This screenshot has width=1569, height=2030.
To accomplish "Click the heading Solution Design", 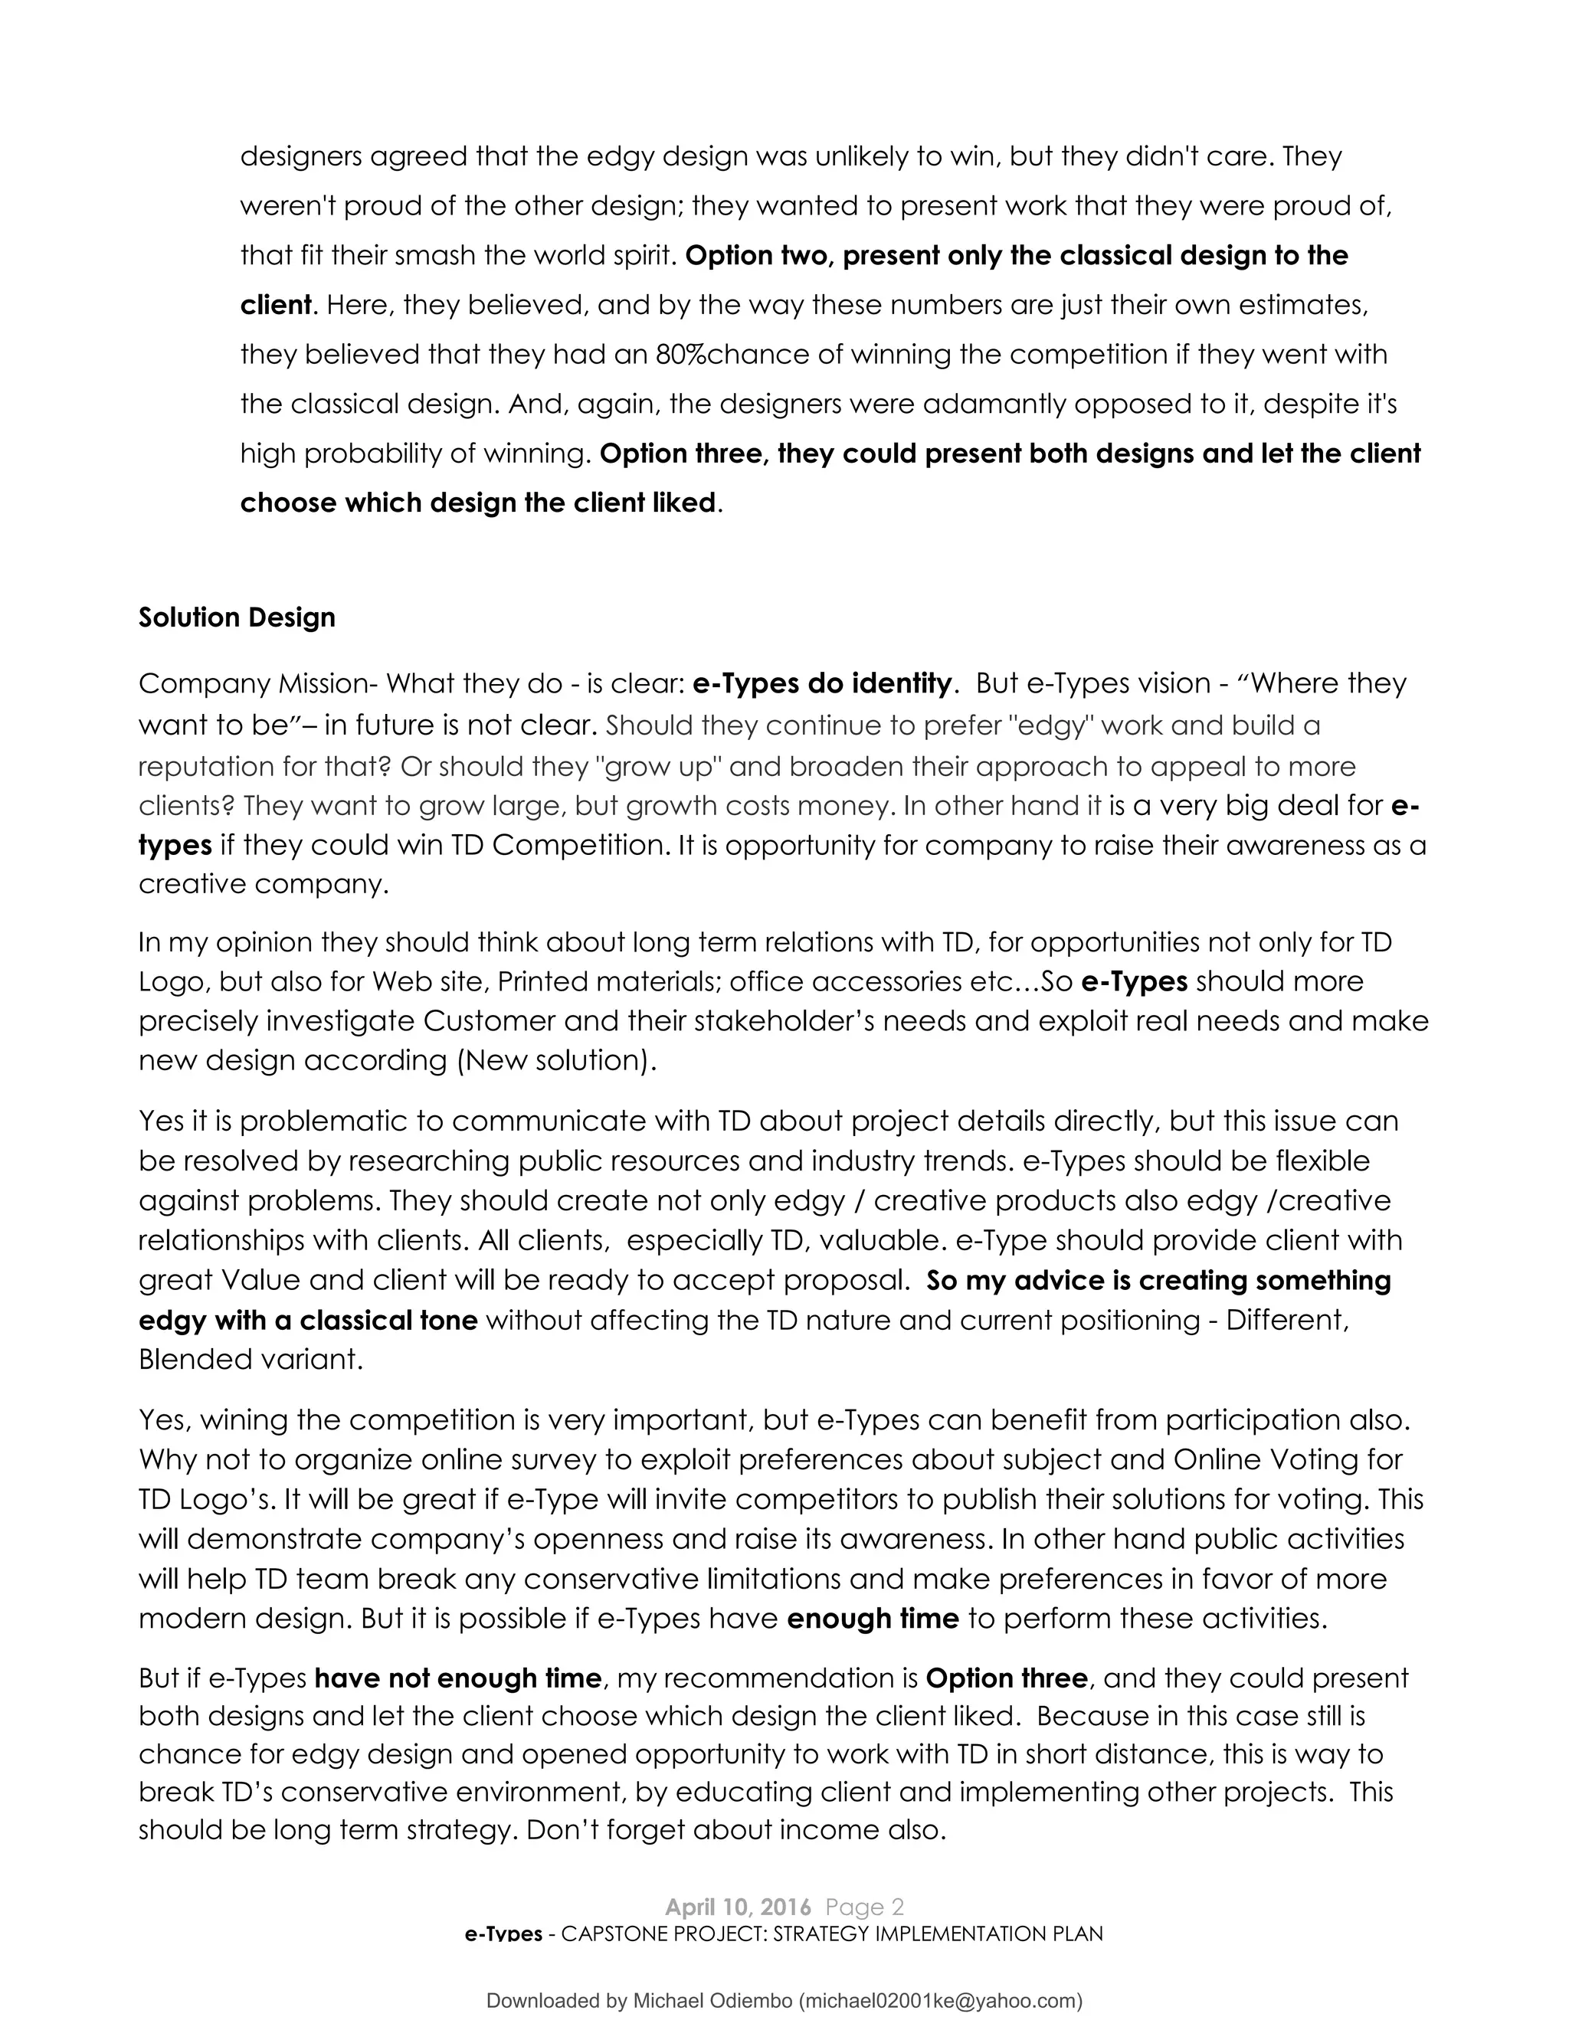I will [x=236, y=618].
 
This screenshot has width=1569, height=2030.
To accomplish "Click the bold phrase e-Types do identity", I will [x=823, y=684].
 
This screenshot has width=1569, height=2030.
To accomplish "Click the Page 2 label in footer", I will [x=864, y=1907].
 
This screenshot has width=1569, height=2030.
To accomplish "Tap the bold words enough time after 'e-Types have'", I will [x=872, y=1619].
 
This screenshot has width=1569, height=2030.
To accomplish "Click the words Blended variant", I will [x=250, y=1360].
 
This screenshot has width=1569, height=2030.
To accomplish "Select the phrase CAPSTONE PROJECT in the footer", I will [x=663, y=1934].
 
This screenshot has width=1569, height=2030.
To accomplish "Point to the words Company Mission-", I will [x=257, y=684].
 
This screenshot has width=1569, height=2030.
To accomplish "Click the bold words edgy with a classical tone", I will [x=308, y=1321].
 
